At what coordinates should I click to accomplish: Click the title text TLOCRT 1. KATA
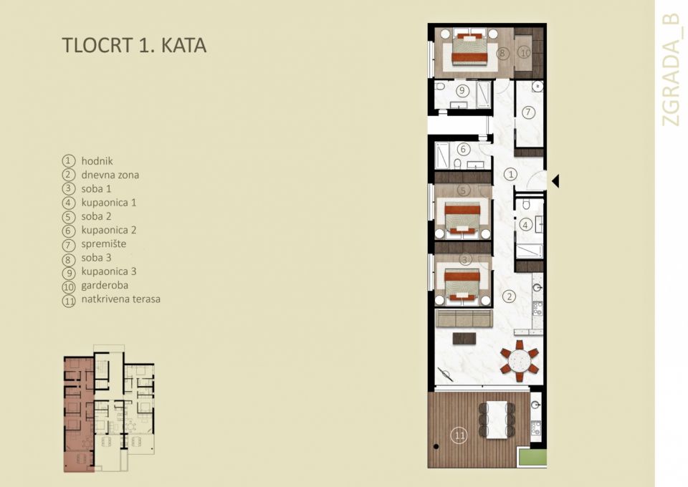(134, 45)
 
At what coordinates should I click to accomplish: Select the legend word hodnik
(97, 161)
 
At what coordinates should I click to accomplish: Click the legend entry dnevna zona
(110, 175)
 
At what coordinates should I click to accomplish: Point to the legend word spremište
(103, 243)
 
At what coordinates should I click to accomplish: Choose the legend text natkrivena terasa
(120, 299)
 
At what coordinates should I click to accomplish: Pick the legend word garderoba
(104, 285)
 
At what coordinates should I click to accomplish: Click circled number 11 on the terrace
(459, 434)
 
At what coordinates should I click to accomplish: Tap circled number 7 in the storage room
(529, 112)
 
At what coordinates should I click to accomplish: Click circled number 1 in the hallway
(510, 173)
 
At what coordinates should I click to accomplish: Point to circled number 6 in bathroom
(463, 150)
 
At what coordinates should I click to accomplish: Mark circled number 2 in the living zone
(510, 296)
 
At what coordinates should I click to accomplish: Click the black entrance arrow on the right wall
(555, 181)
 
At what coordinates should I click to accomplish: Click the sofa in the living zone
(464, 318)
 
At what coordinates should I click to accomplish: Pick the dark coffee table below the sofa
(464, 338)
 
